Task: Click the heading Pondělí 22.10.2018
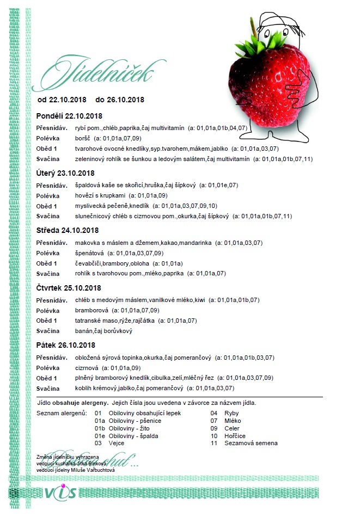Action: click(69, 116)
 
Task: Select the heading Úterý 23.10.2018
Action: click(65, 173)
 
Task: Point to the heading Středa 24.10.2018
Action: click(67, 230)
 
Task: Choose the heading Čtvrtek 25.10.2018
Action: click(69, 287)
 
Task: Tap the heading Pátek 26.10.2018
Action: click(65, 345)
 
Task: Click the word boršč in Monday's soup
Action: click(83, 138)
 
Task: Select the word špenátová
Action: click(90, 253)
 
